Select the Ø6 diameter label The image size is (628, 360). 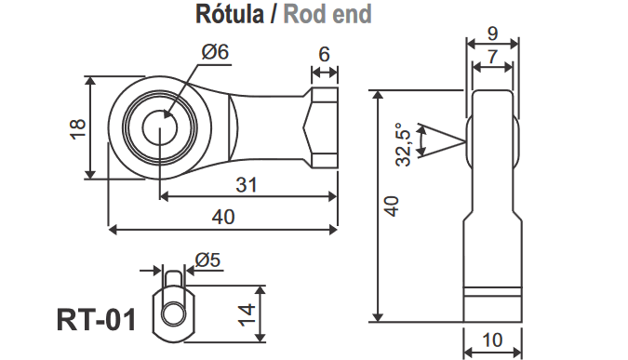tap(214, 52)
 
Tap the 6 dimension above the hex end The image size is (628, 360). tap(323, 55)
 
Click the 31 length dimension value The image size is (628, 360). tap(246, 184)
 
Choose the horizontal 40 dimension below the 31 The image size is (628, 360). tap(223, 217)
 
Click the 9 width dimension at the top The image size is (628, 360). tap(492, 34)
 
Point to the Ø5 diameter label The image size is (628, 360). tap(207, 260)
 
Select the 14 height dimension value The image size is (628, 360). tap(247, 313)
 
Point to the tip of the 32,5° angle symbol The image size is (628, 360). tap(462, 141)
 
